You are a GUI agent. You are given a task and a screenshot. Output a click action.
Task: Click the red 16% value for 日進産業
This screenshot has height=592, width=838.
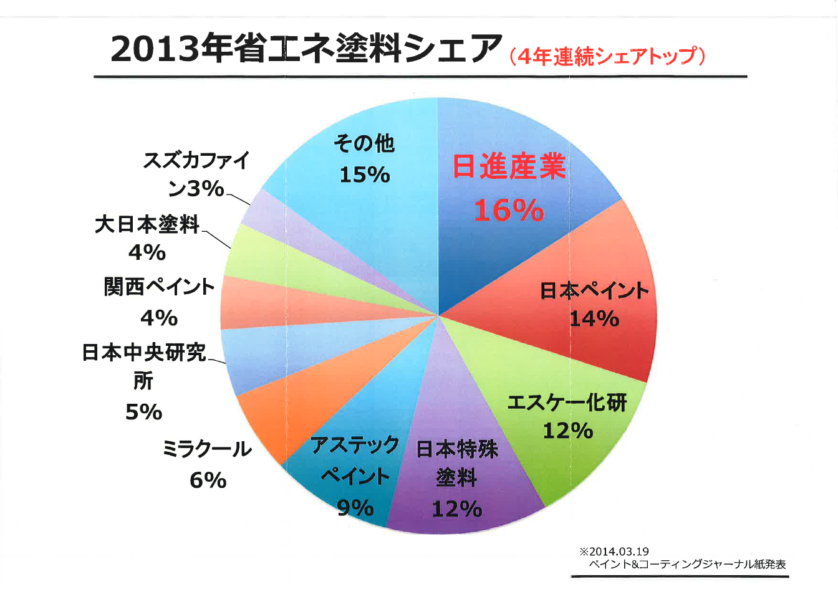[x=509, y=211]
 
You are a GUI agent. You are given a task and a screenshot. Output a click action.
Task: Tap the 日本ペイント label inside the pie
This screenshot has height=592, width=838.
[x=594, y=290]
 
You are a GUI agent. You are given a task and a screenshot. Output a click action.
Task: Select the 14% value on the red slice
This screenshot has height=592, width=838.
[x=594, y=319]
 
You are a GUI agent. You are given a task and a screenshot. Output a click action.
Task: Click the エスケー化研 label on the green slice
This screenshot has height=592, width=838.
[x=566, y=403]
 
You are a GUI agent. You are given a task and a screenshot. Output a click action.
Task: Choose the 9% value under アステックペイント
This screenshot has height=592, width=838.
[x=355, y=508]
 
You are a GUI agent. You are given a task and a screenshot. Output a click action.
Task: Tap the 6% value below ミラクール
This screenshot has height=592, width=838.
[x=208, y=480]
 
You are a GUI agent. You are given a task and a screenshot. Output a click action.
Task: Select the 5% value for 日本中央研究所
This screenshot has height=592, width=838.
[x=143, y=412]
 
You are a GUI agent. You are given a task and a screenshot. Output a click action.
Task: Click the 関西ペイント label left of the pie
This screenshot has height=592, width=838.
[x=159, y=287]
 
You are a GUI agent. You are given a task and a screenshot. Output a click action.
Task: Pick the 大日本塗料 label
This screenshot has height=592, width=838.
[x=147, y=224]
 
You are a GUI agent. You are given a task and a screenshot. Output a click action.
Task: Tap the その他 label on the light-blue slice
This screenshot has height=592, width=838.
[x=364, y=143]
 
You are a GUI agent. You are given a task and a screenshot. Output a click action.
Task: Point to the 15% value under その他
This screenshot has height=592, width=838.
[x=364, y=174]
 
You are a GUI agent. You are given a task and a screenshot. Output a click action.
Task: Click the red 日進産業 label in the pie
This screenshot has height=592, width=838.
[x=509, y=167]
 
